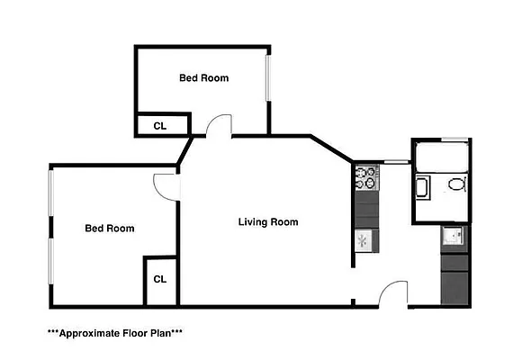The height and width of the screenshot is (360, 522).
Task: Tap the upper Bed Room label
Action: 203,78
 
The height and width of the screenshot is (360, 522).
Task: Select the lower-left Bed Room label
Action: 109,229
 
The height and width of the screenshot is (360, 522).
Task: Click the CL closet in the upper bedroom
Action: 160,126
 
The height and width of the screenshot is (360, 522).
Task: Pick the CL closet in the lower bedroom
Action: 160,279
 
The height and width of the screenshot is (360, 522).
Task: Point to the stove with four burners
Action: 366,178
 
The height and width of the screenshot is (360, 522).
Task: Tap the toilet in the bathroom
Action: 456,186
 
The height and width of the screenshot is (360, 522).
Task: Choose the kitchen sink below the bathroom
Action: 454,237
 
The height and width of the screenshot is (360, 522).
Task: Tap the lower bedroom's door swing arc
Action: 166,184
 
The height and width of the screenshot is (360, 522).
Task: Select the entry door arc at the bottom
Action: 394,293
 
